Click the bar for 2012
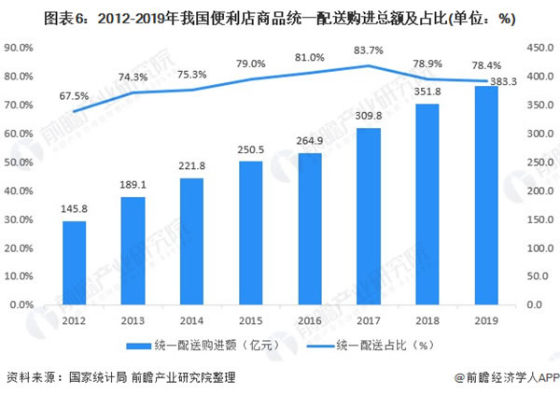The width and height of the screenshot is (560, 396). point(75,262)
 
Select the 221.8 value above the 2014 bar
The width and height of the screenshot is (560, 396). point(192,165)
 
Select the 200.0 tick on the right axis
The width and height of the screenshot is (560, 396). point(539,191)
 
